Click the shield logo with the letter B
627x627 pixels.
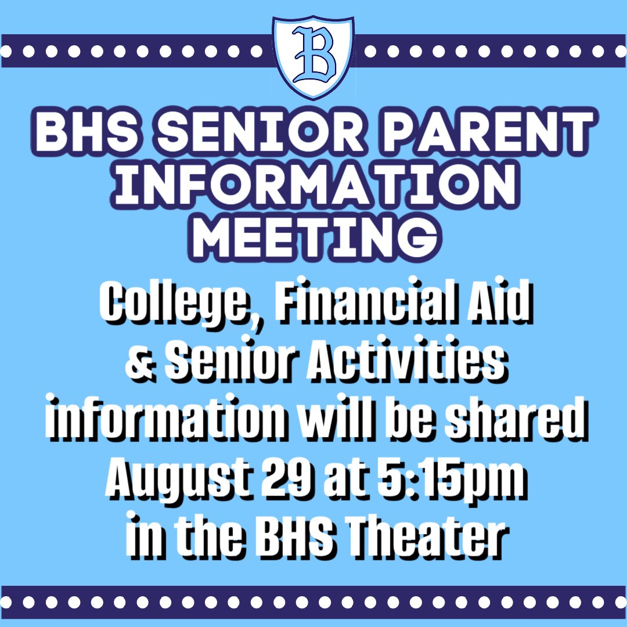(x=313, y=56)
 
